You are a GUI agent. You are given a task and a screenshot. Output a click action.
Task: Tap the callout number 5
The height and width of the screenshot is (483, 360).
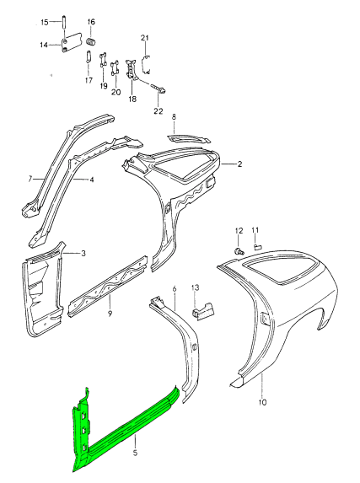click(135, 453)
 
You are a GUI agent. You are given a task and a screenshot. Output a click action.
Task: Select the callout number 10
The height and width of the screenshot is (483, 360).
click(262, 402)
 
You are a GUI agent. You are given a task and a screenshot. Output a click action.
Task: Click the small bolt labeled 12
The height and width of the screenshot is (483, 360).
click(239, 251)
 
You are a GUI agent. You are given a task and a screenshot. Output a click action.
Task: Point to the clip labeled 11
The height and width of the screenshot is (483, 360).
click(257, 246)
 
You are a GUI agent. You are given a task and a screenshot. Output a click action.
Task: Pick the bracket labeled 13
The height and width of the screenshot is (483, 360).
click(204, 312)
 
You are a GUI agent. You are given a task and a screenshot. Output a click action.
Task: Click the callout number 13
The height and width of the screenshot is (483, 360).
click(195, 287)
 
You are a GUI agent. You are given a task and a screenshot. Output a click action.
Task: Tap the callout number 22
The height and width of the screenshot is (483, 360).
click(159, 111)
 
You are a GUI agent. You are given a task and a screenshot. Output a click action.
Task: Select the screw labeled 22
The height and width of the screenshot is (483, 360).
click(159, 89)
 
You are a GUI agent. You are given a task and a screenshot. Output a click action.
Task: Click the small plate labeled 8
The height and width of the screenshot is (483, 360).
click(189, 138)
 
